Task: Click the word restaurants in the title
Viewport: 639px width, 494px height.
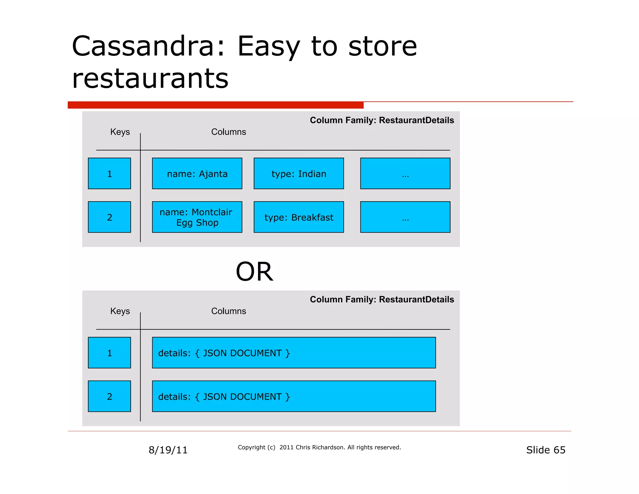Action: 150,78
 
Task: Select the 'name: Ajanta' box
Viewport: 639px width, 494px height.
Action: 197,174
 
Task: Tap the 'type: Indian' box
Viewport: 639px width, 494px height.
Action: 299,174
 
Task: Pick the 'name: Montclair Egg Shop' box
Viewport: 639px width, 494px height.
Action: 197,217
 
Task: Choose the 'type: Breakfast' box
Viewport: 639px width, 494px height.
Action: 299,217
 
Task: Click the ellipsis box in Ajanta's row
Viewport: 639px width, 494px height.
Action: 405,174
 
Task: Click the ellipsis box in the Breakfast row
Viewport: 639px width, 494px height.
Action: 405,217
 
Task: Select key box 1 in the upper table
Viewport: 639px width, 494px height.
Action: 109,174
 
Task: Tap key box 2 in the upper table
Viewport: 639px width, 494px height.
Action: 109,217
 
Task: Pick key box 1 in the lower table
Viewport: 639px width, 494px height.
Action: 109,353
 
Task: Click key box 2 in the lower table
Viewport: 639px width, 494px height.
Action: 109,396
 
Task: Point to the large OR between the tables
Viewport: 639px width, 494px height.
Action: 254,272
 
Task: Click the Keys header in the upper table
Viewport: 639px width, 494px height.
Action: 120,132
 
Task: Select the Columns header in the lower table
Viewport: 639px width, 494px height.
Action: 228,311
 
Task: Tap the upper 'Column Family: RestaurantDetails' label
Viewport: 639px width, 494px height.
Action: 382,120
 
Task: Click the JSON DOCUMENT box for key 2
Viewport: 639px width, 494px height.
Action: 294,396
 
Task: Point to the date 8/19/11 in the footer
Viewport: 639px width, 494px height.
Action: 168,450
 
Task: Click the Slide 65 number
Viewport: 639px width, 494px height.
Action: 545,450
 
